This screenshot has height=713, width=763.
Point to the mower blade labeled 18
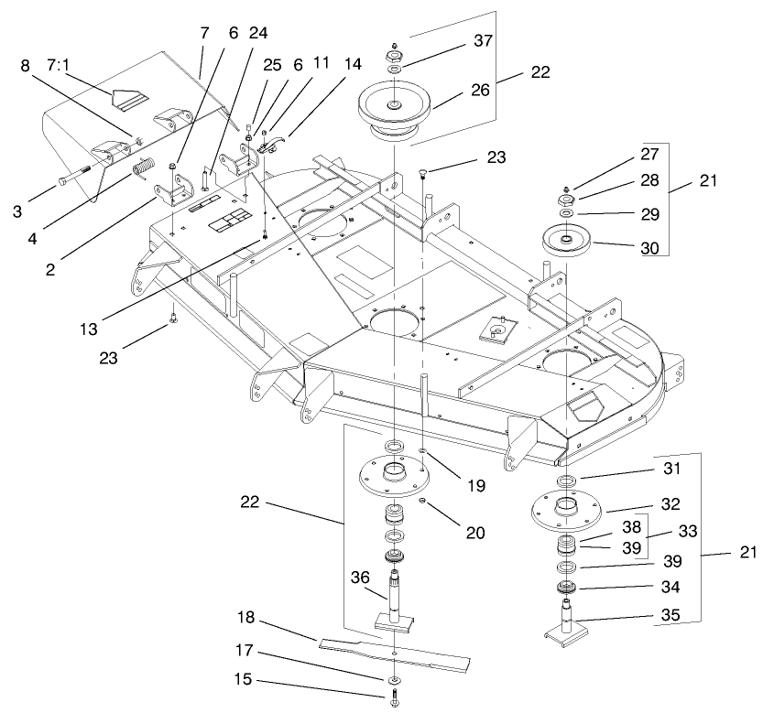click(x=394, y=651)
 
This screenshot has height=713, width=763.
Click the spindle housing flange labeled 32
click(x=565, y=510)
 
